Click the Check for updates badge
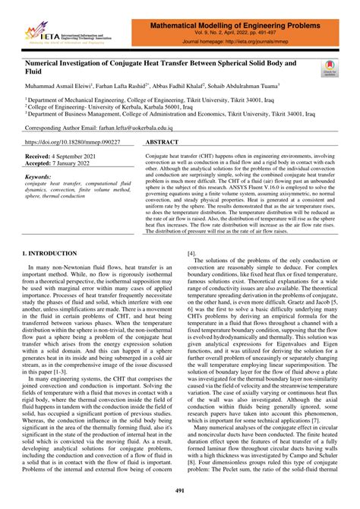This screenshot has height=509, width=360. point(329,68)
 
